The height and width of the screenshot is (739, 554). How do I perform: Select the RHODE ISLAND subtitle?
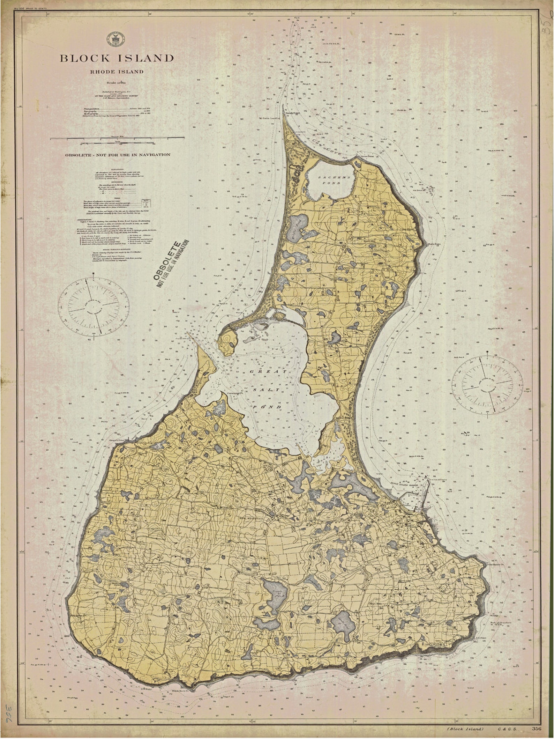pyautogui.click(x=117, y=72)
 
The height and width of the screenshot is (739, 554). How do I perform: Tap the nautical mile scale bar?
pyautogui.click(x=118, y=139)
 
